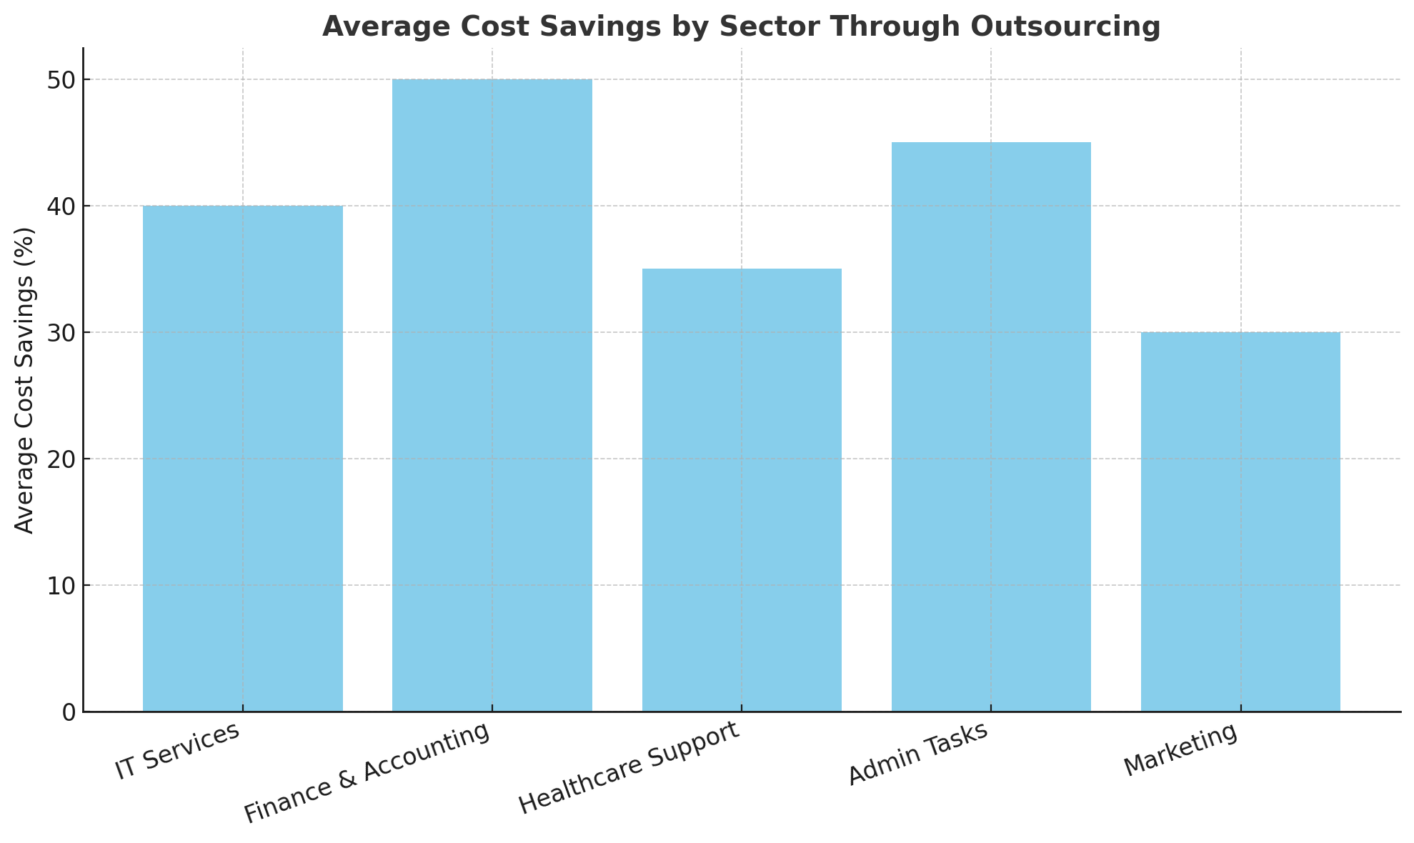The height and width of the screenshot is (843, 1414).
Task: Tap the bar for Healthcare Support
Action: pyautogui.click(x=741, y=490)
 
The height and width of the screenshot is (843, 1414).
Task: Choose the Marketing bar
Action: pyautogui.click(x=1240, y=522)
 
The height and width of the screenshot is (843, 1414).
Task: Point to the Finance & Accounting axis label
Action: pyautogui.click(x=367, y=773)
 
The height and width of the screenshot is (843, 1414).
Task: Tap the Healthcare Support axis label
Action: pyautogui.click(x=628, y=768)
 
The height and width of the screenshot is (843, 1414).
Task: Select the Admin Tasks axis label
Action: pyautogui.click(x=918, y=754)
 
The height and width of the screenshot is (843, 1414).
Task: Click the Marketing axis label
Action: pyautogui.click(x=1180, y=750)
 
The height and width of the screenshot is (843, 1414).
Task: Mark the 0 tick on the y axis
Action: pyautogui.click(x=69, y=712)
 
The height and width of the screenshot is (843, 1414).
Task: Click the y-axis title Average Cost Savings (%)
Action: pyautogui.click(x=25, y=380)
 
